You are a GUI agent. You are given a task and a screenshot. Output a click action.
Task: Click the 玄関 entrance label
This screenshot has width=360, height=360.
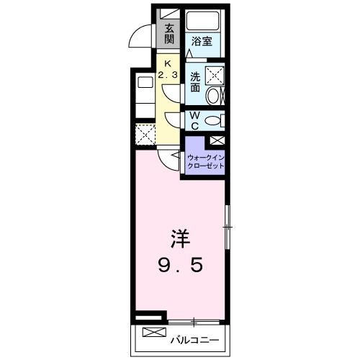click(169, 35)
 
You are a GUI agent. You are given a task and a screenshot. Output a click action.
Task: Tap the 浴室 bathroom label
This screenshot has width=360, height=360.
click(201, 41)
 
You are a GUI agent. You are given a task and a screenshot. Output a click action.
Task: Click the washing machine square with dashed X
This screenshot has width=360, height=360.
click(215, 73)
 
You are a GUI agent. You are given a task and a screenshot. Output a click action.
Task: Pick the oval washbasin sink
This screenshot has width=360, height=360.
click(215, 96)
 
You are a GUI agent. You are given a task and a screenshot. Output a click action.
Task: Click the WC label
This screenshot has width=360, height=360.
click(196, 119)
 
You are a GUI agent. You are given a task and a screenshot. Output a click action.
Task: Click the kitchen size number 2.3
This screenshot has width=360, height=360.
click(170, 73)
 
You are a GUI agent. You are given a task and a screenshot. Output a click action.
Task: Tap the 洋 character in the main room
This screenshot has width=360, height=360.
click(180, 238)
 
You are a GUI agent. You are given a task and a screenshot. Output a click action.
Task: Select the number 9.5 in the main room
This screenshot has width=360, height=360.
click(181, 265)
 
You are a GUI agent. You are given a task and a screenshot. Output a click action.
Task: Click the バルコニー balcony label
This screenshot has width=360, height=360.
click(195, 338)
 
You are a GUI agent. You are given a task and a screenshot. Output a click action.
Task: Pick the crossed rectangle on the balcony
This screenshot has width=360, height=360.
click(153, 333)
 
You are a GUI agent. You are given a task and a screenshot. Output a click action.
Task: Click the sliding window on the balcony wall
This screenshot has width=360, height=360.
click(194, 320)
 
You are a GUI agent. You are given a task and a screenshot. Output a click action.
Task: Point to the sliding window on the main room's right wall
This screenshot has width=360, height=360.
click(227, 229)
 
